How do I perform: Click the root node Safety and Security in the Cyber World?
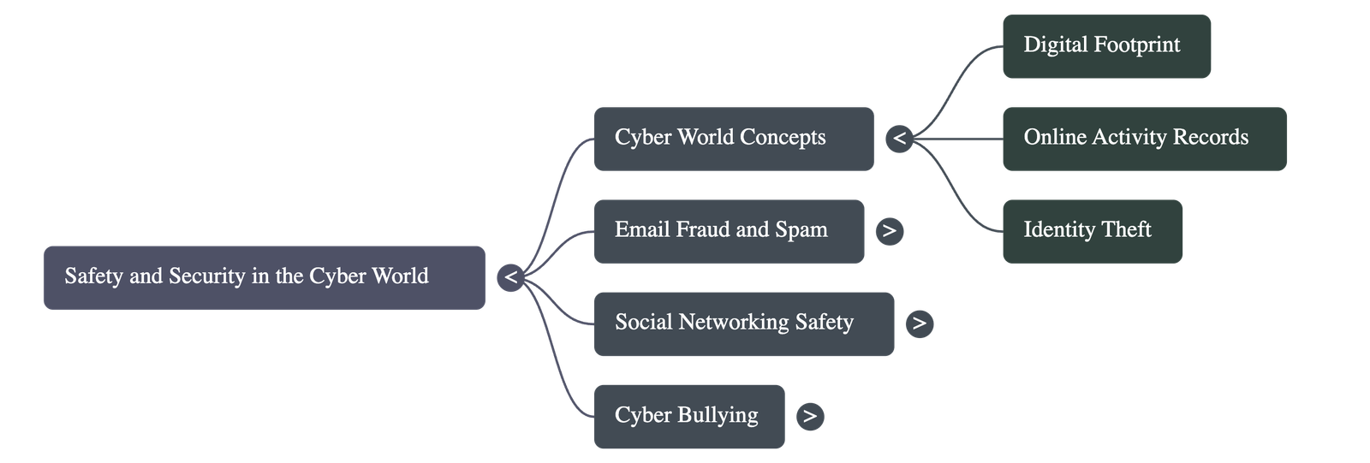(264, 277)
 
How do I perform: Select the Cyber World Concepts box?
(733, 139)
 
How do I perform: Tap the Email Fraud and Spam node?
(728, 231)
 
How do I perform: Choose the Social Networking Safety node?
(743, 324)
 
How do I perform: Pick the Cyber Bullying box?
(688, 416)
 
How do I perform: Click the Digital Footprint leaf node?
(1106, 46)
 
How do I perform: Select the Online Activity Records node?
(1144, 139)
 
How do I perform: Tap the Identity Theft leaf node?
(1092, 231)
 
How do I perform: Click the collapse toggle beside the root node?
(510, 277)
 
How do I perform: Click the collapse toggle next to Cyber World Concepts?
(899, 138)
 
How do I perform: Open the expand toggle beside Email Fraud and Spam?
(890, 230)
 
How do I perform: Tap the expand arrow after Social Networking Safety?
(919, 323)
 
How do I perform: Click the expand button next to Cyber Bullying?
(809, 416)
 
